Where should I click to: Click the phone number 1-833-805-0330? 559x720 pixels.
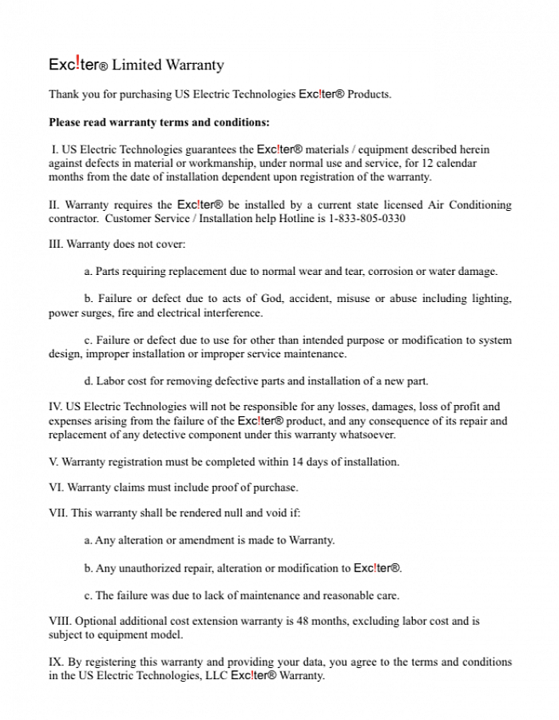click(367, 218)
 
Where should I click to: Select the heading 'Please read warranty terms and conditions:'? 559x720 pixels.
click(159, 122)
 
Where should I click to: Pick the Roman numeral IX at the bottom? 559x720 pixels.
click(55, 662)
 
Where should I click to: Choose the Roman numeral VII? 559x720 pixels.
click(58, 513)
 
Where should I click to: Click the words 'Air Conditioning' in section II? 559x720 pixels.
click(470, 205)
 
